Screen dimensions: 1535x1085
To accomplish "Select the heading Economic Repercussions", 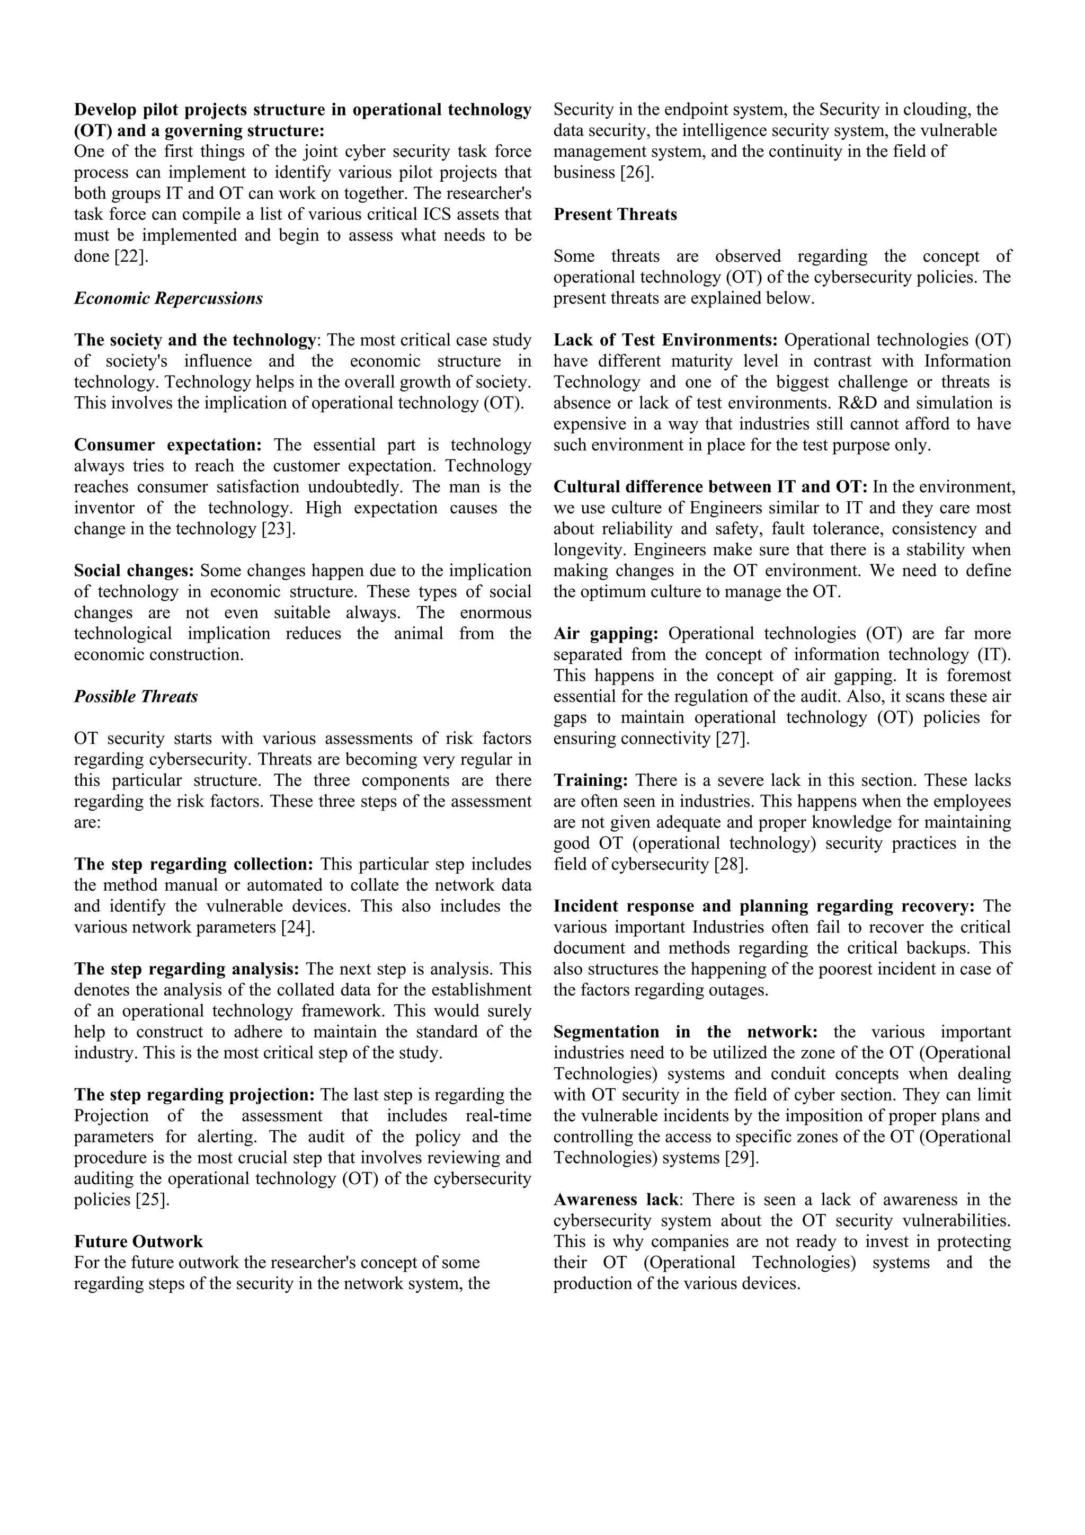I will pos(168,299).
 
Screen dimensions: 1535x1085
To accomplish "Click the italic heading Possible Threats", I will pos(136,697).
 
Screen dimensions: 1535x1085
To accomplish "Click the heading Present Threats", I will pos(615,215).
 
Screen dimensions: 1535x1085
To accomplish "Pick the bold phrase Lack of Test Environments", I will pos(665,340).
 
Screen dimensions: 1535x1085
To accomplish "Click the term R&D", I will pos(865,403).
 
